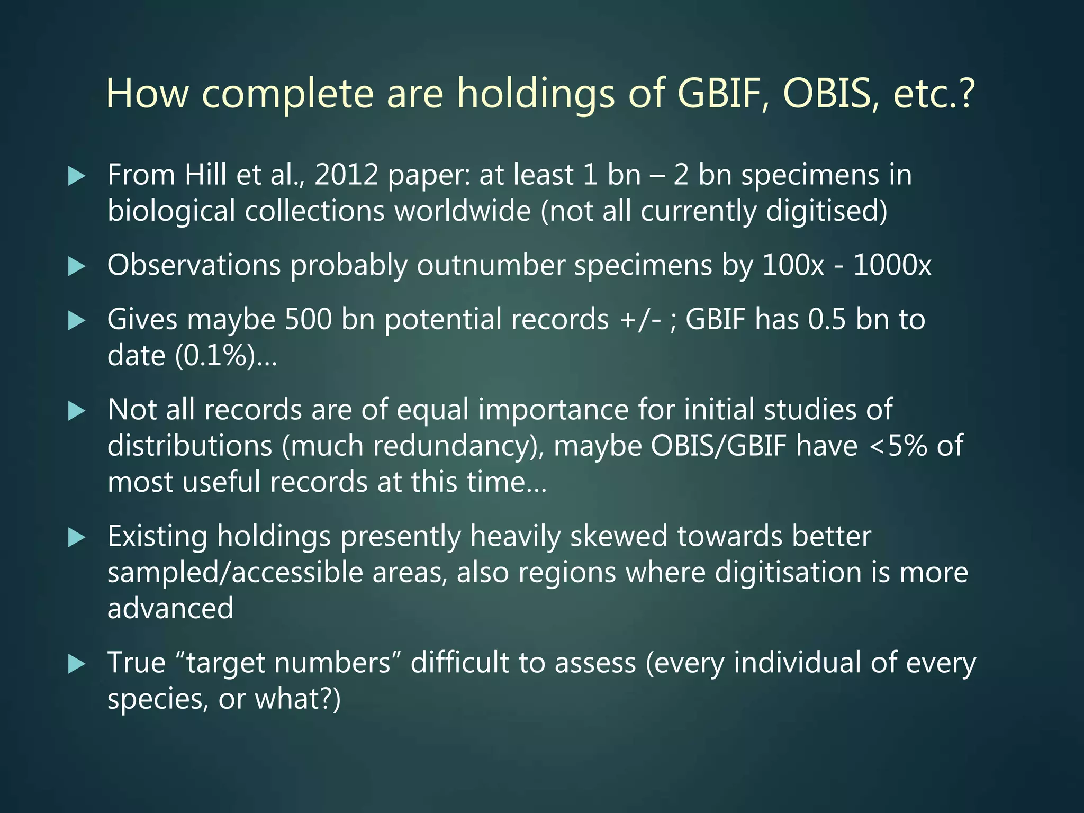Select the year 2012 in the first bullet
[x=346, y=175]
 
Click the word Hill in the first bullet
[x=205, y=175]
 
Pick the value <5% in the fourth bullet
[x=898, y=446]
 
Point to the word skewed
[x=618, y=536]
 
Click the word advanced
[x=170, y=608]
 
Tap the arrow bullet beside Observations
[x=77, y=266]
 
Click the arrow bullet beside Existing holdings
[x=77, y=538]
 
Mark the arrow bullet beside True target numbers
[x=77, y=664]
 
